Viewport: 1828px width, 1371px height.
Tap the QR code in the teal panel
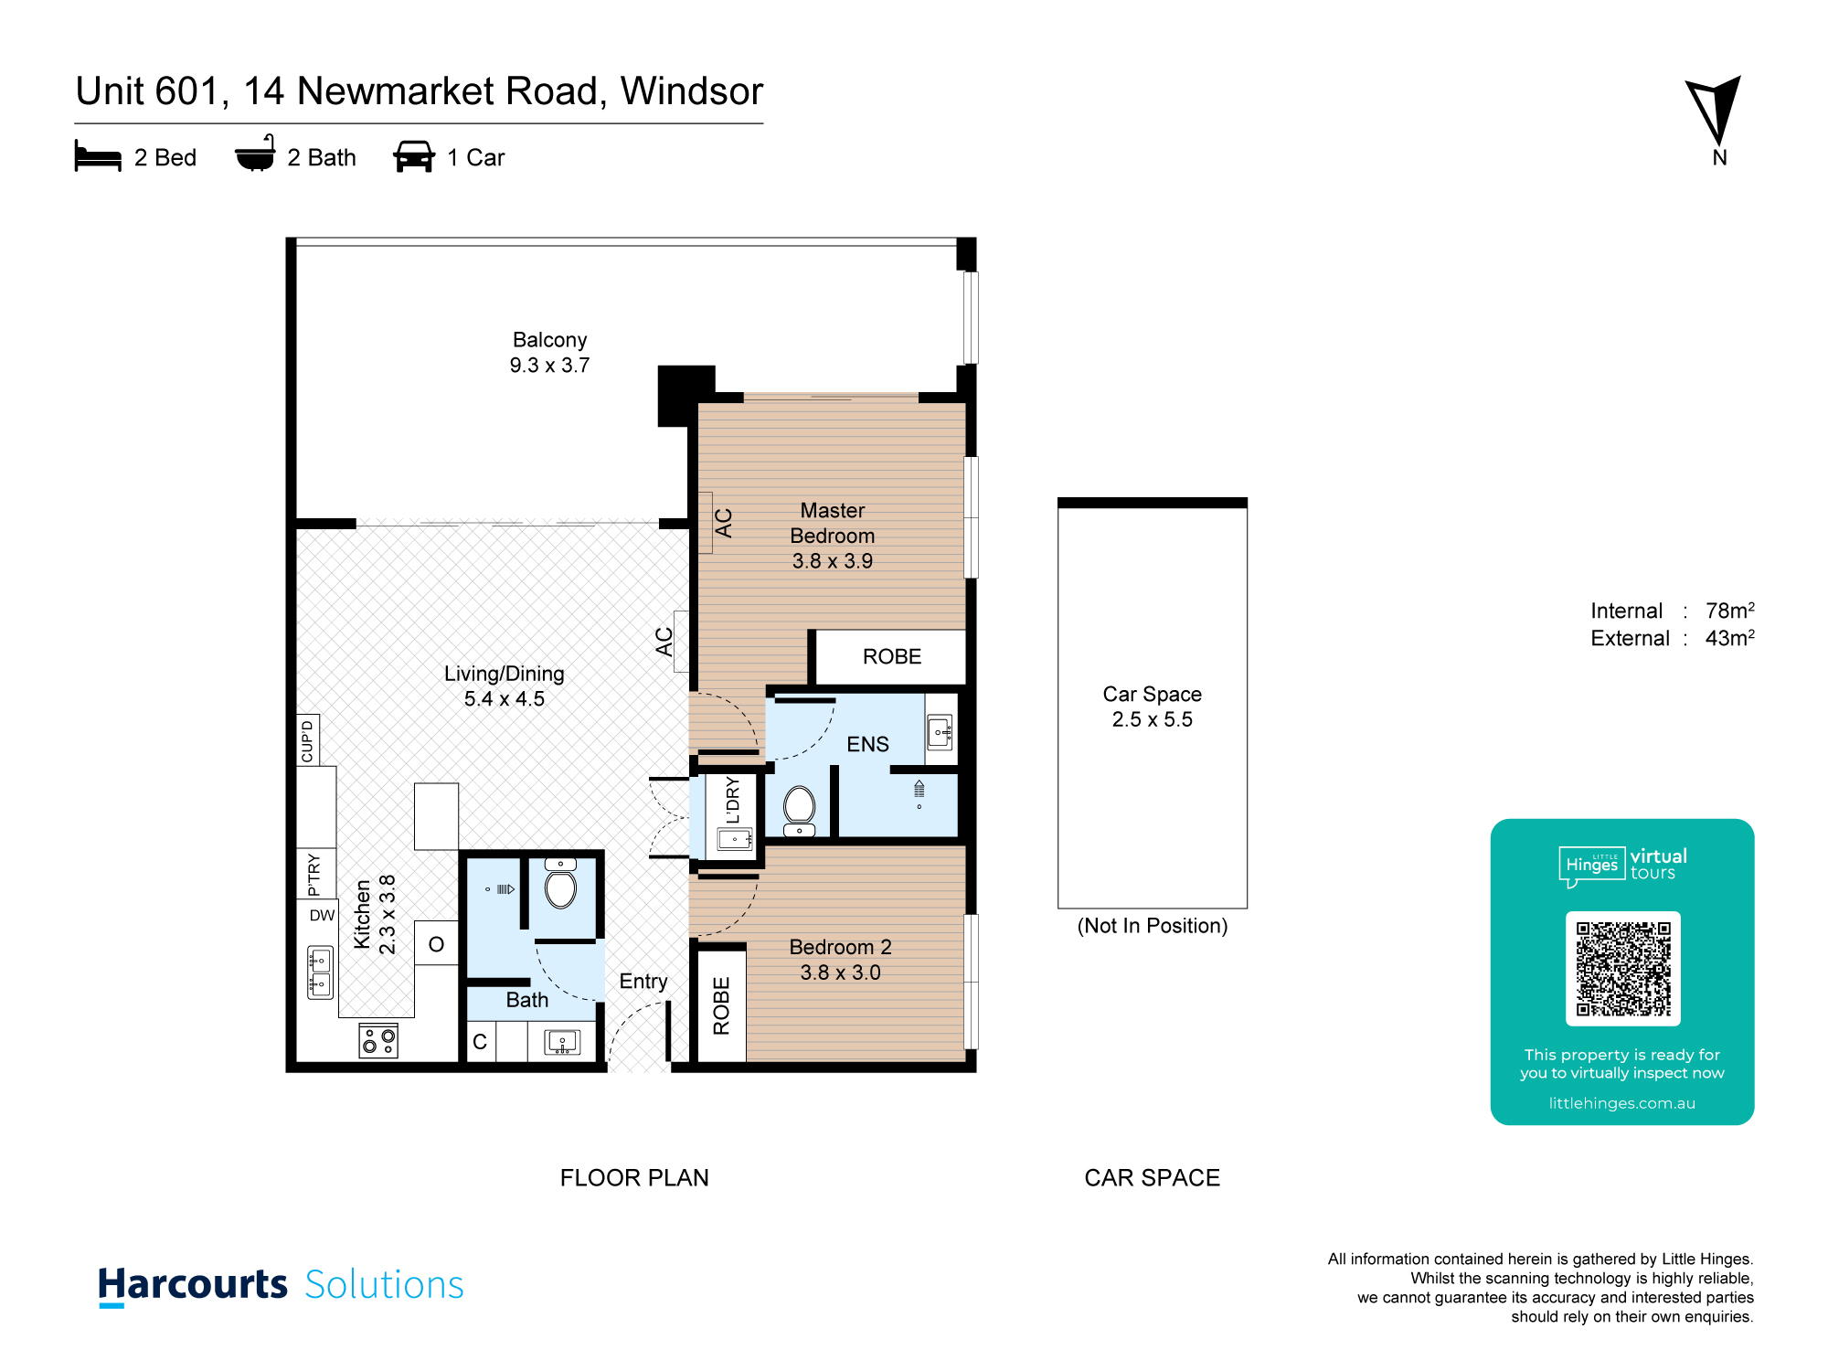click(x=1622, y=969)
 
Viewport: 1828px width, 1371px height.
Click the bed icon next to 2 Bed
click(x=98, y=156)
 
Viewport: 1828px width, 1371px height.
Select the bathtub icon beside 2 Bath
click(x=255, y=154)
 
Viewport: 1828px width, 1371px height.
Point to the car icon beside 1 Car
click(x=414, y=156)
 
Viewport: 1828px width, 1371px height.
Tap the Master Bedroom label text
click(x=832, y=523)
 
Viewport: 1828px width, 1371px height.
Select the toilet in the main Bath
click(x=560, y=883)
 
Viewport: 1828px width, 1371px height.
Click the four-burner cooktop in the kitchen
click(x=378, y=1040)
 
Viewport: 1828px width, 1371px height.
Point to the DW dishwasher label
click(x=322, y=915)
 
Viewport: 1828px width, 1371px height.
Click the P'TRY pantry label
click(x=314, y=875)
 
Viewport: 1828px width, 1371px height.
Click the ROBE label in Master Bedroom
click(x=892, y=656)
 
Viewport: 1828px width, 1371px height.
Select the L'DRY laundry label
click(x=732, y=800)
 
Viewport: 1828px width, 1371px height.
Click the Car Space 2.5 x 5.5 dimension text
click(x=1152, y=719)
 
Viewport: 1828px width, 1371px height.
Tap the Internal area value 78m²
click(x=1729, y=610)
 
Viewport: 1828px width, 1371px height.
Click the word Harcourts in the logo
click(x=193, y=1285)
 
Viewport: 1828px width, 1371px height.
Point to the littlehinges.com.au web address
click(x=1621, y=1103)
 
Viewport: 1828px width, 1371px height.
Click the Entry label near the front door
click(x=643, y=982)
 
